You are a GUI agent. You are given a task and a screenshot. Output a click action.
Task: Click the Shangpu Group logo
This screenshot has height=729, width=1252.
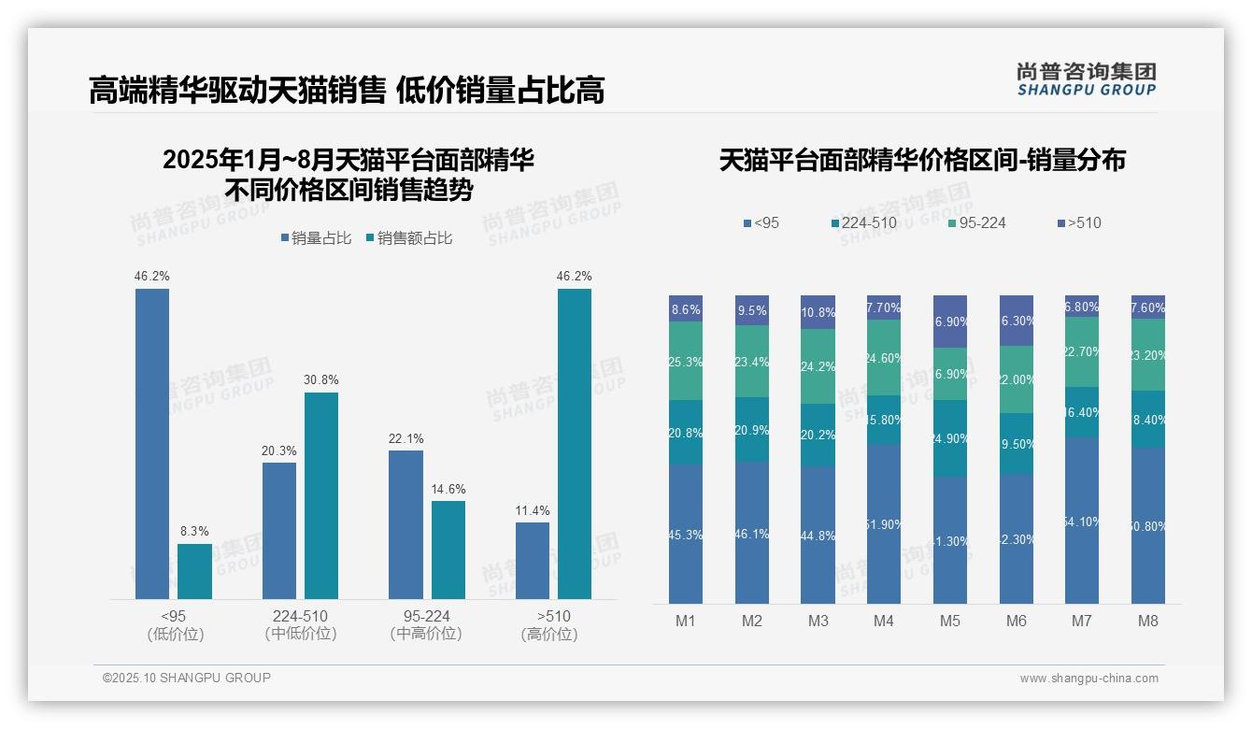[x=1086, y=79]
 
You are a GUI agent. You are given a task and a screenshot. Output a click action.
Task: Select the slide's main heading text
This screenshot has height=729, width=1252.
[x=347, y=90]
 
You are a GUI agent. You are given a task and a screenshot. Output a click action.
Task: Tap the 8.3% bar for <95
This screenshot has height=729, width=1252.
[x=194, y=571]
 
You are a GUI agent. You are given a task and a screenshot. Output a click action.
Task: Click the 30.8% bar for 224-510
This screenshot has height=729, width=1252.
[x=321, y=495]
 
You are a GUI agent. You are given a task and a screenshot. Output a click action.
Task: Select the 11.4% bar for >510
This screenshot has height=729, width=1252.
[x=533, y=560]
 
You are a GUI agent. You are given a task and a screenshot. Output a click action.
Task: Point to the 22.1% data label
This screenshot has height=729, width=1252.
[x=405, y=438]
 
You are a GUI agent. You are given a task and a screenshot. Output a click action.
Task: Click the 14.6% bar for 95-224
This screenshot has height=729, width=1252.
[x=448, y=550]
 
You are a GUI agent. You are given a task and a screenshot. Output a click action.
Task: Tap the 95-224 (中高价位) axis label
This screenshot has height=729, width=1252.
[x=426, y=625]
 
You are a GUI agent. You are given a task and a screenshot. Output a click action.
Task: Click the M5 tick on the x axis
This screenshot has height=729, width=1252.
[x=949, y=621]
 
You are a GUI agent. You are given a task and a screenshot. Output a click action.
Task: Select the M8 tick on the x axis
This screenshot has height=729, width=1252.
[x=1148, y=621]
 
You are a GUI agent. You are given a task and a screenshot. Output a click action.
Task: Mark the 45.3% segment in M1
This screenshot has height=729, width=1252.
[x=686, y=535]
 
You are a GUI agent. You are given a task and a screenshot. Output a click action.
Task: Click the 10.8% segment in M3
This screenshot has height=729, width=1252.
[x=818, y=312]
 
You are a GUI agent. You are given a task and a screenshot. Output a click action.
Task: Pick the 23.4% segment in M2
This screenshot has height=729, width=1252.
[x=752, y=361]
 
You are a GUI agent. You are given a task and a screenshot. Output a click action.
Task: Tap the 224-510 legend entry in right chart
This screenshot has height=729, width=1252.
[x=864, y=222]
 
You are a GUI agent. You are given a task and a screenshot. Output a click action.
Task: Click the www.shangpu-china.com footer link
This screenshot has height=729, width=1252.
[x=1088, y=679]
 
